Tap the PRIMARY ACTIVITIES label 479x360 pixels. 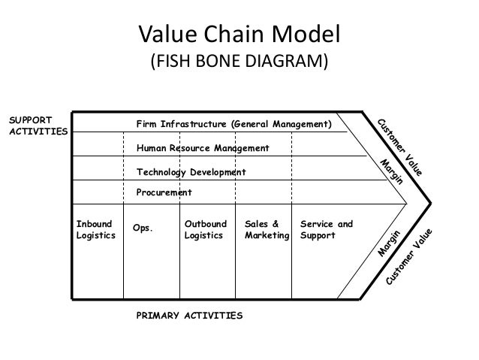189,316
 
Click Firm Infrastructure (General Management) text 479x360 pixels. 233,123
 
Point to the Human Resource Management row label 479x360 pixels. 202,148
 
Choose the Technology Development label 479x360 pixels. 191,172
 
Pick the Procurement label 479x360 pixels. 164,193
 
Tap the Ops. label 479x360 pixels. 142,228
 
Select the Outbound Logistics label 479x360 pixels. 203,230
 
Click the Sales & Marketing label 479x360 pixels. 267,230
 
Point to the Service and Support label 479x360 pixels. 326,230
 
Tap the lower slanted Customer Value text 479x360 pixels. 411,256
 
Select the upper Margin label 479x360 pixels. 392,172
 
